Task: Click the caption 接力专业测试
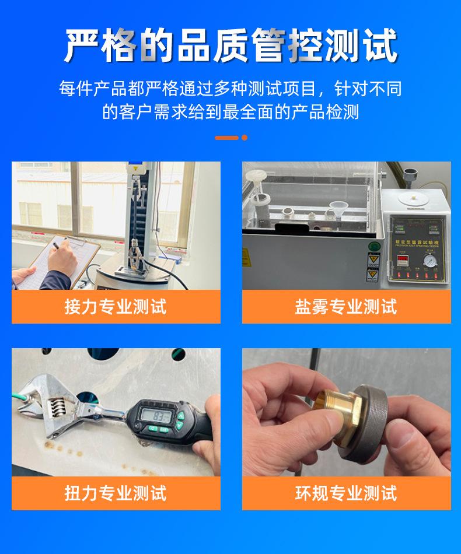(x=116, y=307)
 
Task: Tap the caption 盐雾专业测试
(x=346, y=307)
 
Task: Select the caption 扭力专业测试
(x=116, y=493)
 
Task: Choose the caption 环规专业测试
(x=346, y=493)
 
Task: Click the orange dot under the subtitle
(x=245, y=138)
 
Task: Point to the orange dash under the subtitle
(x=226, y=138)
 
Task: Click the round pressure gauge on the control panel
(x=429, y=258)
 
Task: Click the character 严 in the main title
(x=83, y=45)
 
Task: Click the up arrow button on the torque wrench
(x=180, y=416)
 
